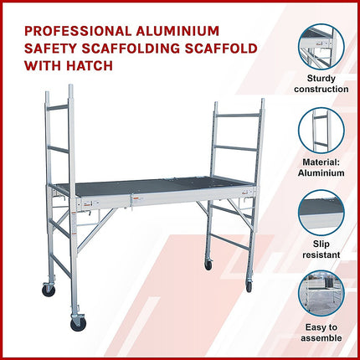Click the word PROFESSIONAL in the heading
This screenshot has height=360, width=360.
point(78,31)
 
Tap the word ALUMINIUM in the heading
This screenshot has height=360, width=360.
point(177,31)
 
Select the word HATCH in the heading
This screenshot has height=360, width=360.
point(90,66)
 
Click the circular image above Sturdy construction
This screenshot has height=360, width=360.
point(321,47)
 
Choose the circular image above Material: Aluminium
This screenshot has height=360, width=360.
point(321,131)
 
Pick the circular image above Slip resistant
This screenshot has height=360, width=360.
point(321,213)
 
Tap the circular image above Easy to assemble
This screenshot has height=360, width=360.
point(321,294)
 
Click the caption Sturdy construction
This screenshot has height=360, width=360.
point(321,84)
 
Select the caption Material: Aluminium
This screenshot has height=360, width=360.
point(321,167)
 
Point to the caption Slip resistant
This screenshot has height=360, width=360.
point(321,249)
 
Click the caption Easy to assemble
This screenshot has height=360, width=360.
point(321,332)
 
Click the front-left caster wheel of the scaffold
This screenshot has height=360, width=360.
point(79,324)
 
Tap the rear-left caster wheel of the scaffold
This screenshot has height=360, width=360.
point(49,291)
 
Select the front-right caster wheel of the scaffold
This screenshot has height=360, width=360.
point(249,286)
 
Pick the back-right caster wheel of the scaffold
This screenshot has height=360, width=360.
point(208,265)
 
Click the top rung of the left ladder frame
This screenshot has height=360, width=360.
point(58,107)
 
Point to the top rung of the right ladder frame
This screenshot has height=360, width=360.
point(238,115)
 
